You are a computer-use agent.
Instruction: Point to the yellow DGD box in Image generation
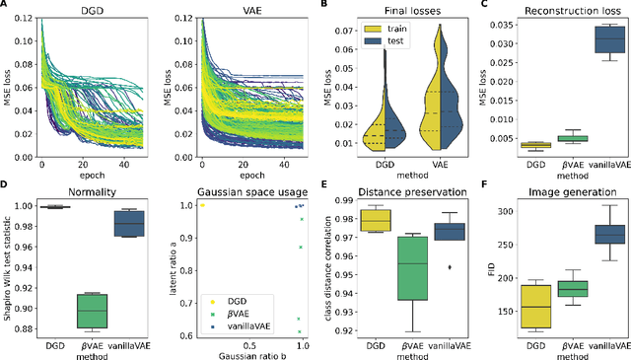click(536, 306)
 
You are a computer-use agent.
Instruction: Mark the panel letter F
click(485, 183)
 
